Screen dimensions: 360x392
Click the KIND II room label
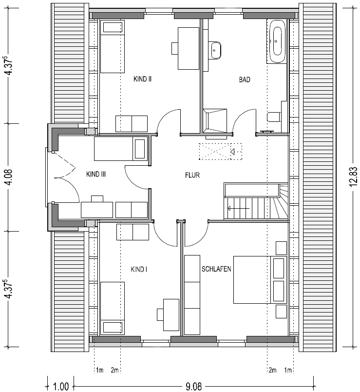point(142,79)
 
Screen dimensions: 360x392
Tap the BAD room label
point(245,79)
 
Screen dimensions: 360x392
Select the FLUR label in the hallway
point(192,175)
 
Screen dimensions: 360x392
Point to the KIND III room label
point(96,174)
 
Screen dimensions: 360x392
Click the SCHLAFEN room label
point(216,269)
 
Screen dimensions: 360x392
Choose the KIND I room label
point(139,269)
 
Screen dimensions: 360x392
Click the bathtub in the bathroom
point(277,41)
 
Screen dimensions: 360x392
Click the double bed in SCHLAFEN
point(260,279)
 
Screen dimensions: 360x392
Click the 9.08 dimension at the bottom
point(193,387)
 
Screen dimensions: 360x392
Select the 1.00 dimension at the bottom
point(61,387)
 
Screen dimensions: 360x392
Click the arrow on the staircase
point(238,208)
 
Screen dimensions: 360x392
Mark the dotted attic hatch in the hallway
point(220,152)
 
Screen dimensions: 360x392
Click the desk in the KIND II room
point(189,48)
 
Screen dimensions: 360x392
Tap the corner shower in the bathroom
point(215,121)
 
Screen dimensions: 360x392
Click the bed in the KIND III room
point(121,149)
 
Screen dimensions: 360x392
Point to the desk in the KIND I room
point(171,314)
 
